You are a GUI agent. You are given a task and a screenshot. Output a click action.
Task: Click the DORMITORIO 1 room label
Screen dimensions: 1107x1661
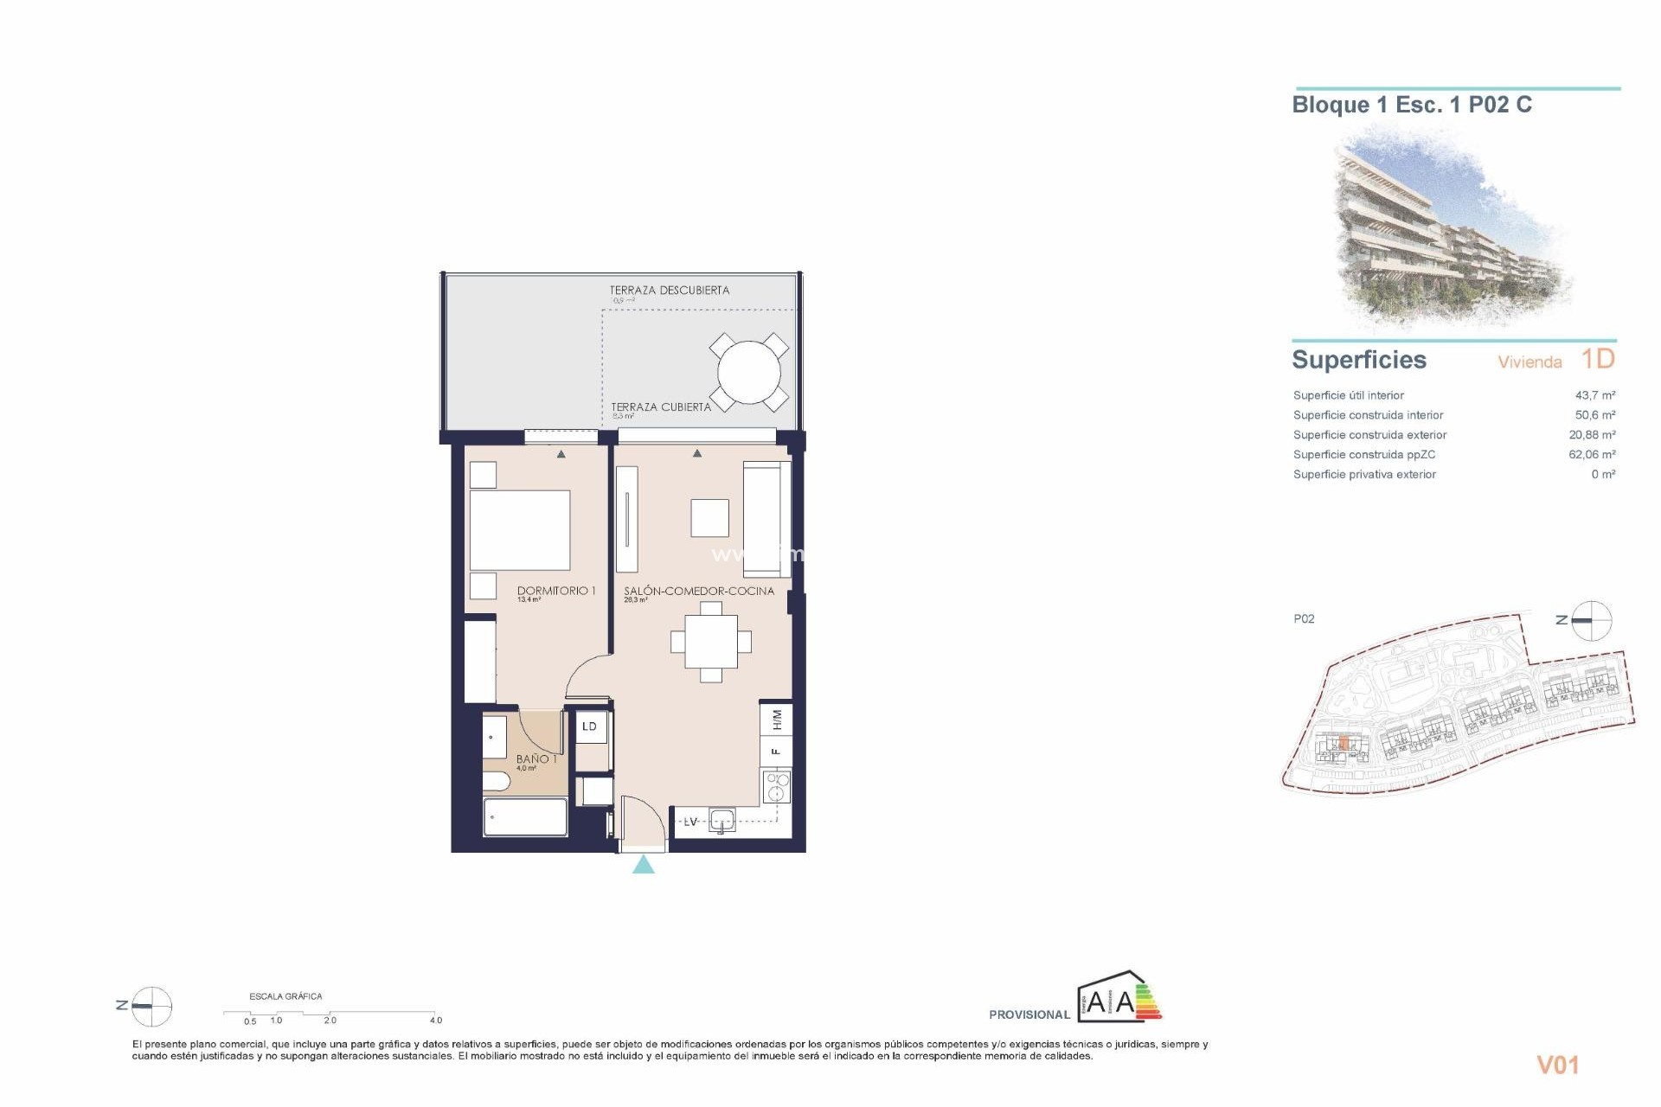[556, 591]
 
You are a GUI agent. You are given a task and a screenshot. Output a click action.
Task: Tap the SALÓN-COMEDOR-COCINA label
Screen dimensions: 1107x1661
[699, 591]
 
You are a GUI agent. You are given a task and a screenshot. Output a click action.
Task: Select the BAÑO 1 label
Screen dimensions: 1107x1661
[536, 758]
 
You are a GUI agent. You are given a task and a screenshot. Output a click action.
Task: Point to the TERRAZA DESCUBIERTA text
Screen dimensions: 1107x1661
[669, 291]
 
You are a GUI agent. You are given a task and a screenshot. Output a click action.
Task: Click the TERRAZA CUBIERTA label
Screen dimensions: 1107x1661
[661, 406]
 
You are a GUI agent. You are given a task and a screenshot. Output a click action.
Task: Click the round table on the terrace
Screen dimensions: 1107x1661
[748, 373]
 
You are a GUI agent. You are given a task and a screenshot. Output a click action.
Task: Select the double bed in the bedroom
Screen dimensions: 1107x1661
[519, 530]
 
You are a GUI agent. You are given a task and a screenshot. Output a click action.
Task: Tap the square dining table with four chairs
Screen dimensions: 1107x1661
[711, 642]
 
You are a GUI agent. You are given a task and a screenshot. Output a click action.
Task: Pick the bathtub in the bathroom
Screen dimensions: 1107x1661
[525, 817]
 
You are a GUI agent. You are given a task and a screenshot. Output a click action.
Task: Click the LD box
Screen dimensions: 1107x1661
[589, 726]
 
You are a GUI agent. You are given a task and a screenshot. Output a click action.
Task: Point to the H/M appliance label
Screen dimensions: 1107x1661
[776, 719]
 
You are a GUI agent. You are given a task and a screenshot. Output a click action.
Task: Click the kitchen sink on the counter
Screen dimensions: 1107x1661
[721, 820]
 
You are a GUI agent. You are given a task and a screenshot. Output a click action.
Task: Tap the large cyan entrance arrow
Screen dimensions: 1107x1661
[643, 864]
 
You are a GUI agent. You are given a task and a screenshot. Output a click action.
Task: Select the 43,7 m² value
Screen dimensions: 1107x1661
[1594, 395]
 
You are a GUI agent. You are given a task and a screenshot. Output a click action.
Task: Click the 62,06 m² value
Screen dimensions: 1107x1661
[1591, 454]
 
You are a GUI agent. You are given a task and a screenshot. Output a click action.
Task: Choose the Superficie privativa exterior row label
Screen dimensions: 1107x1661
[1364, 474]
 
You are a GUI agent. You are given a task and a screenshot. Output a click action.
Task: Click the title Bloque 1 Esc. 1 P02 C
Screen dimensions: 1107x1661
[1411, 105]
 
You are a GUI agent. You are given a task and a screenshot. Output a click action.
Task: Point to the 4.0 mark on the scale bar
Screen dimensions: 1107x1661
[435, 1021]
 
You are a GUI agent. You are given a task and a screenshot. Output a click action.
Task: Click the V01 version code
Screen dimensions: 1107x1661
[1557, 1065]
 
